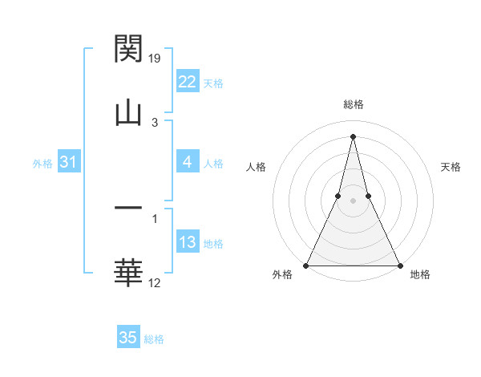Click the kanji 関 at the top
[x=128, y=49]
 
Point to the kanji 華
[x=128, y=273]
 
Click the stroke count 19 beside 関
[x=156, y=58]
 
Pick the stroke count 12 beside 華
[x=156, y=282]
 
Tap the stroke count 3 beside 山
[x=155, y=122]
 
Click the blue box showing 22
[x=188, y=82]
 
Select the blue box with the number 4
[x=188, y=163]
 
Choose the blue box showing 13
[x=188, y=243]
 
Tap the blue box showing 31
[x=68, y=163]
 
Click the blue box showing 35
[x=128, y=338]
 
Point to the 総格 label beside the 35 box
[x=155, y=339]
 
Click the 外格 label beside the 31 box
[x=42, y=164]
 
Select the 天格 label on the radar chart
[x=451, y=167]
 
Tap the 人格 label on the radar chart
[x=256, y=167]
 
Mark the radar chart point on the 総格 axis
[x=353, y=136]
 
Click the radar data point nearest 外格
[x=307, y=265]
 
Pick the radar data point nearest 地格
[x=399, y=265]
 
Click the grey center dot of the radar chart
[x=353, y=201]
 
